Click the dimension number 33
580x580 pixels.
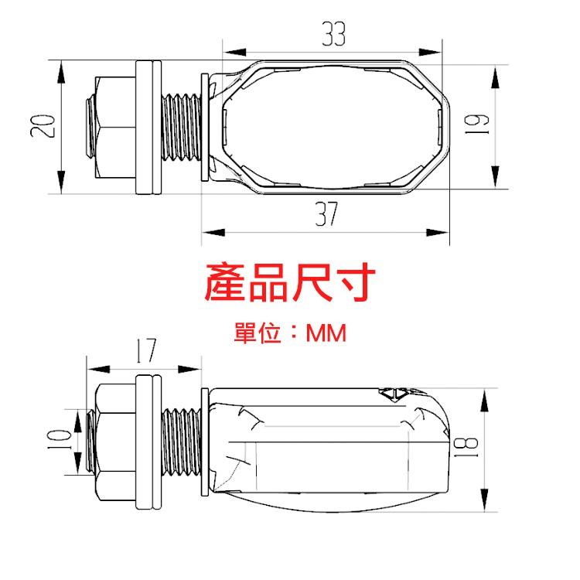click(x=333, y=35)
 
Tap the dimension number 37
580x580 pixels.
click(x=327, y=213)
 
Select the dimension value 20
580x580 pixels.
click(x=45, y=125)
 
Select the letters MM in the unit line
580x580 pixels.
click(x=326, y=334)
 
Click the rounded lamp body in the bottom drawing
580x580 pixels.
click(x=333, y=449)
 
